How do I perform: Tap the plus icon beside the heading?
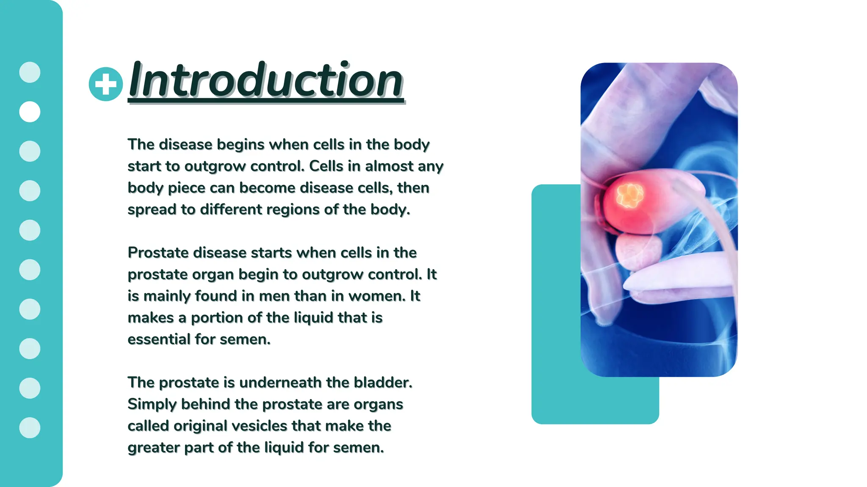point(106,84)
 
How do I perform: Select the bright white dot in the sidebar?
point(30,112)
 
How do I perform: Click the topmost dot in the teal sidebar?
point(30,72)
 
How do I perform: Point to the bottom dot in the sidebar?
point(30,427)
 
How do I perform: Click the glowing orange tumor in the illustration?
point(630,196)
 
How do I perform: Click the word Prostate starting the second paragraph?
point(158,253)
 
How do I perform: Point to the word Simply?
point(152,404)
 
